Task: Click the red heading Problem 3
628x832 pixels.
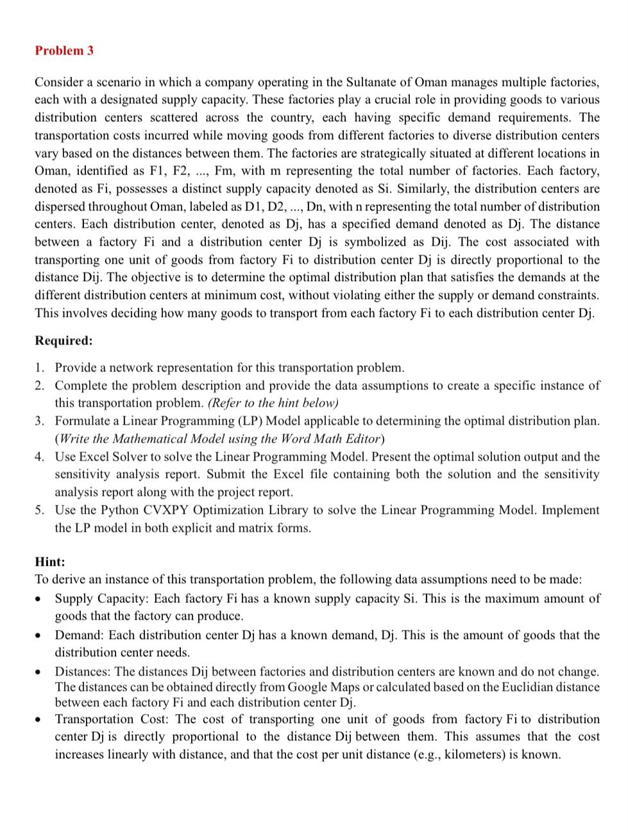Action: tap(64, 51)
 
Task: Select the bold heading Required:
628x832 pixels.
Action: tap(64, 341)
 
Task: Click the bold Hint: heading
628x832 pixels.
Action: tap(50, 562)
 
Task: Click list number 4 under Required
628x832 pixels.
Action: tap(40, 457)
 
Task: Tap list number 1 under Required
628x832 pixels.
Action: tap(40, 368)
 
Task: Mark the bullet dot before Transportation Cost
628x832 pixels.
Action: tap(40, 720)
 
